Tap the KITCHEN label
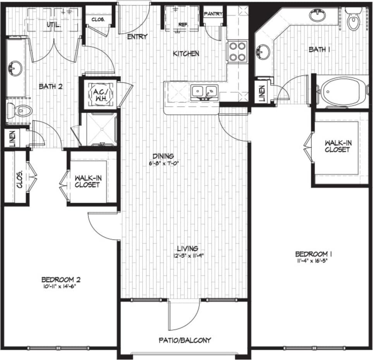coord(186,53)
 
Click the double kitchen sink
coord(204,92)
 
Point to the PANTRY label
coord(213,14)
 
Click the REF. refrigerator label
coord(183,24)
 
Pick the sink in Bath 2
coord(15,69)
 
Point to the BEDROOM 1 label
coord(314,254)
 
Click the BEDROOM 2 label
coord(61,279)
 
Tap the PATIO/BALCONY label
coord(185,340)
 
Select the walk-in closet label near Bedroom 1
coord(337,146)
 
